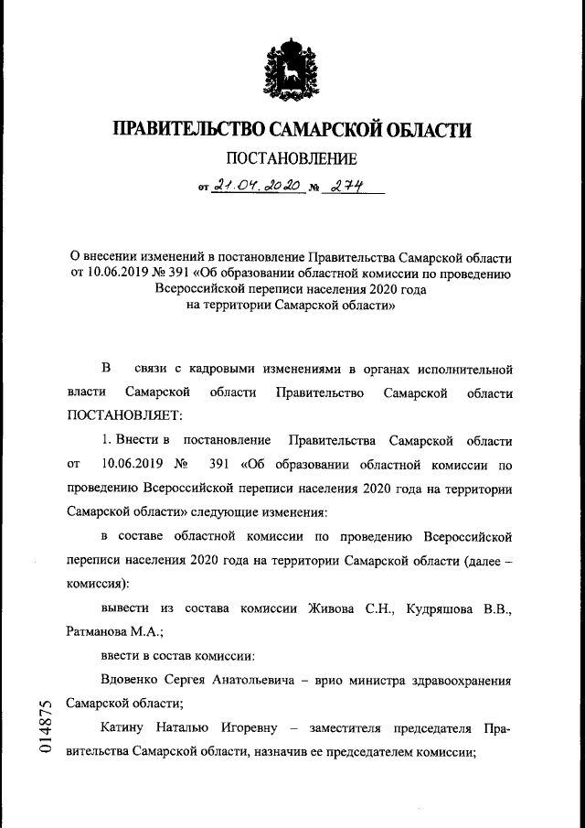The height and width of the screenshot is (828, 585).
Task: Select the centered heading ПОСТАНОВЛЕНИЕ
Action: (292, 159)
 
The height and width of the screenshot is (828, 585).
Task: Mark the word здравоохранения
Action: (461, 680)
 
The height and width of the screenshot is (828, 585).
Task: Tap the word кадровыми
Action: (225, 369)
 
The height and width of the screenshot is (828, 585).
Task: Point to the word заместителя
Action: (356, 729)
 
